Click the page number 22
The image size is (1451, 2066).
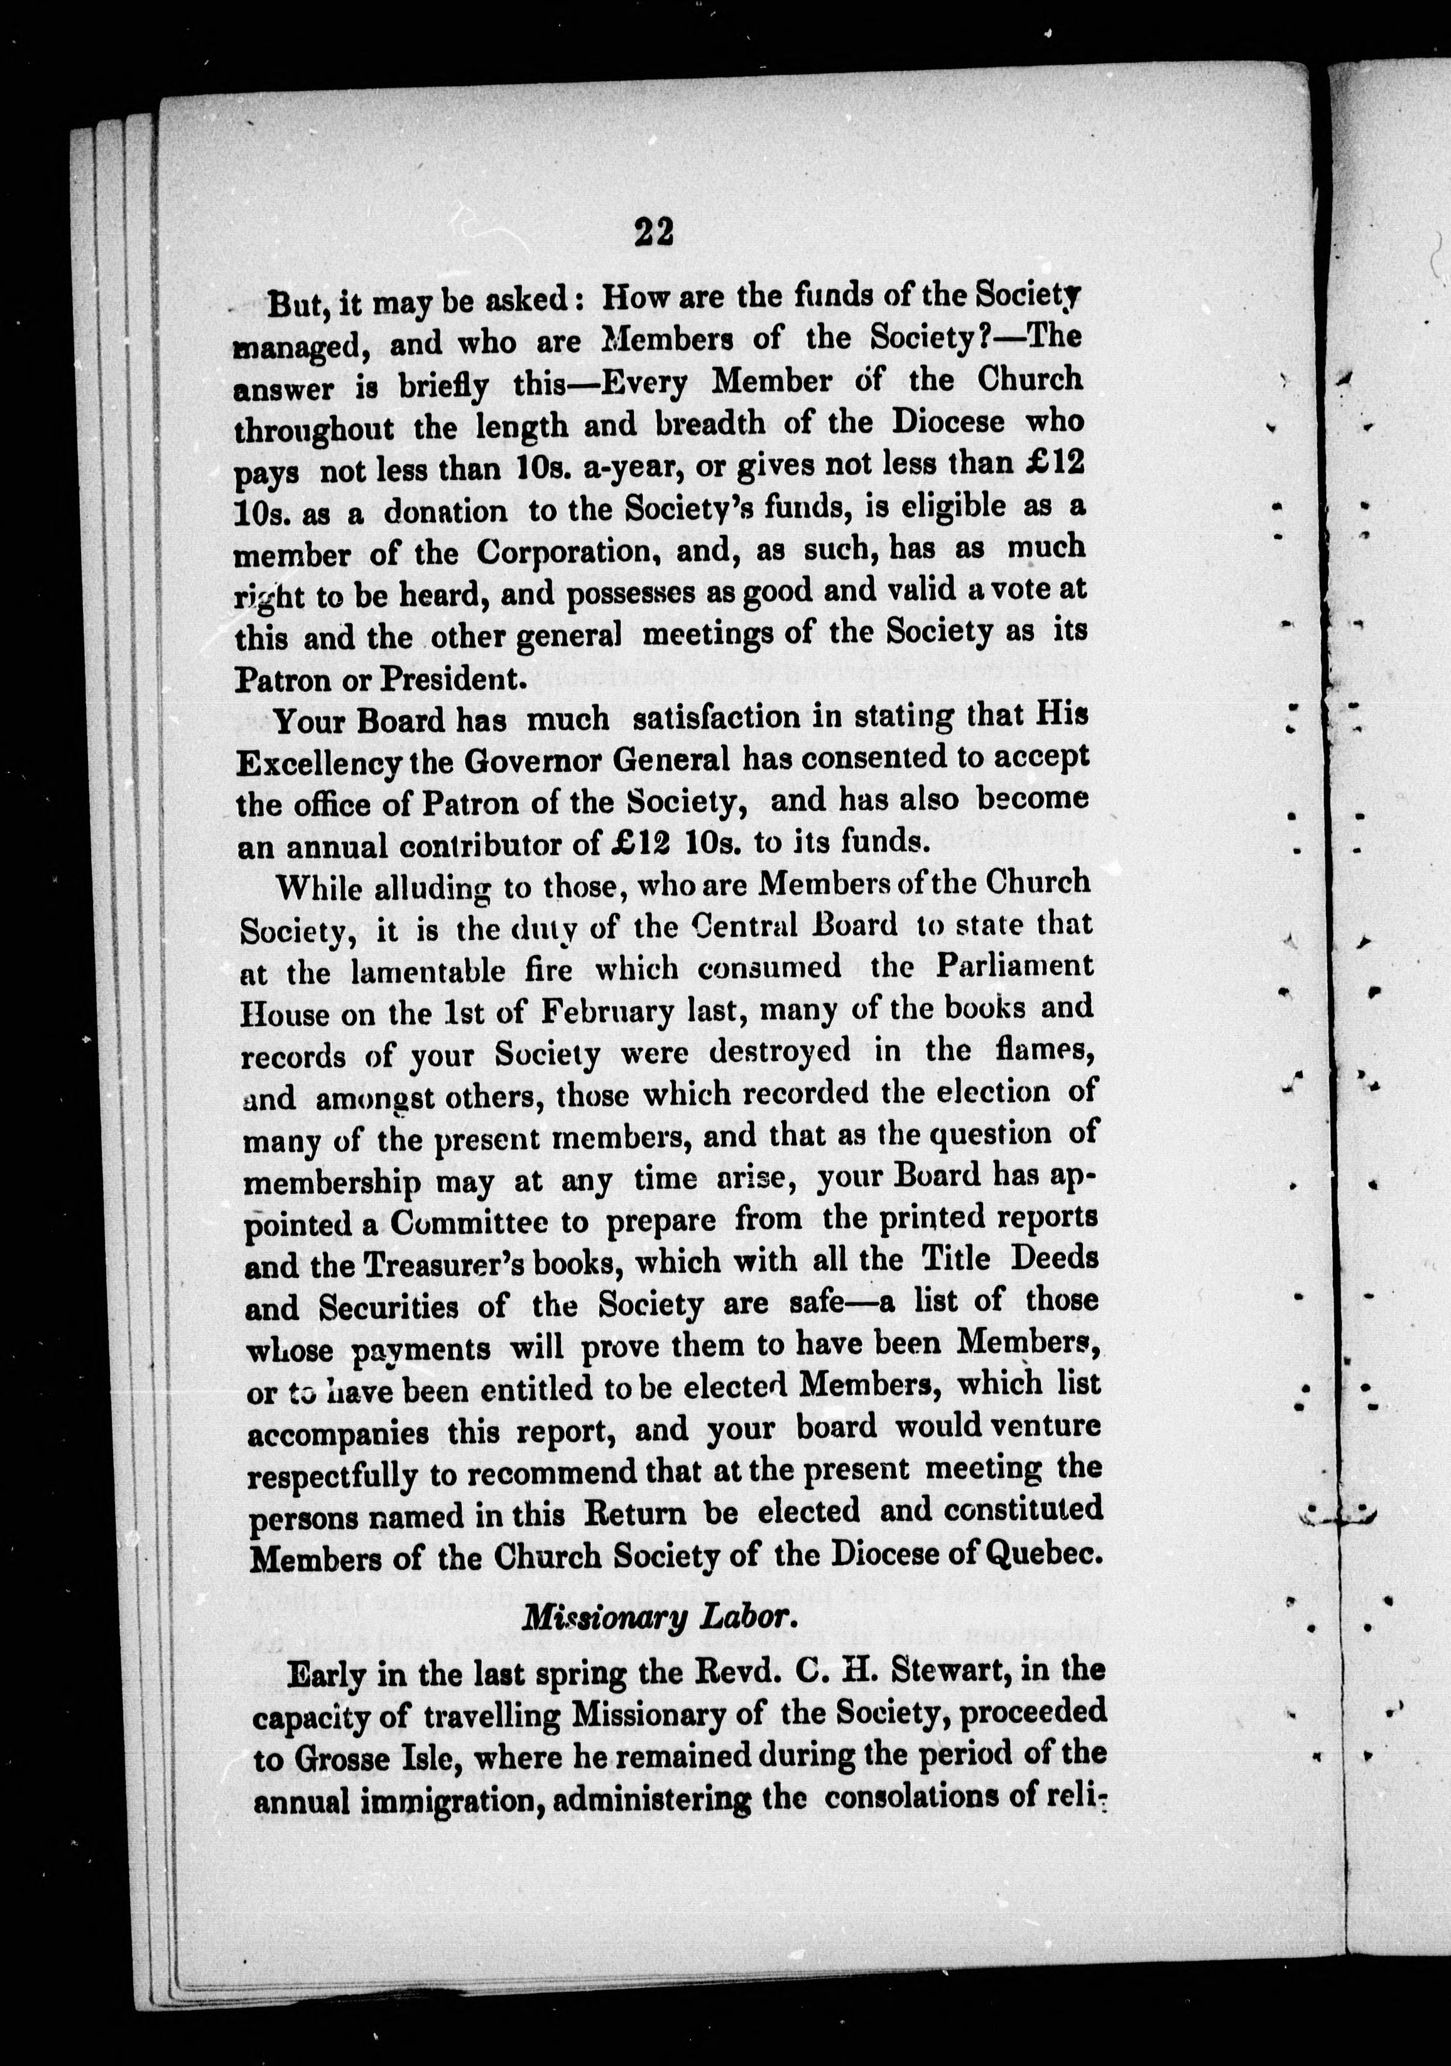653,232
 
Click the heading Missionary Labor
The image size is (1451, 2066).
660,1617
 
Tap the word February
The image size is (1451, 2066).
607,1010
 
